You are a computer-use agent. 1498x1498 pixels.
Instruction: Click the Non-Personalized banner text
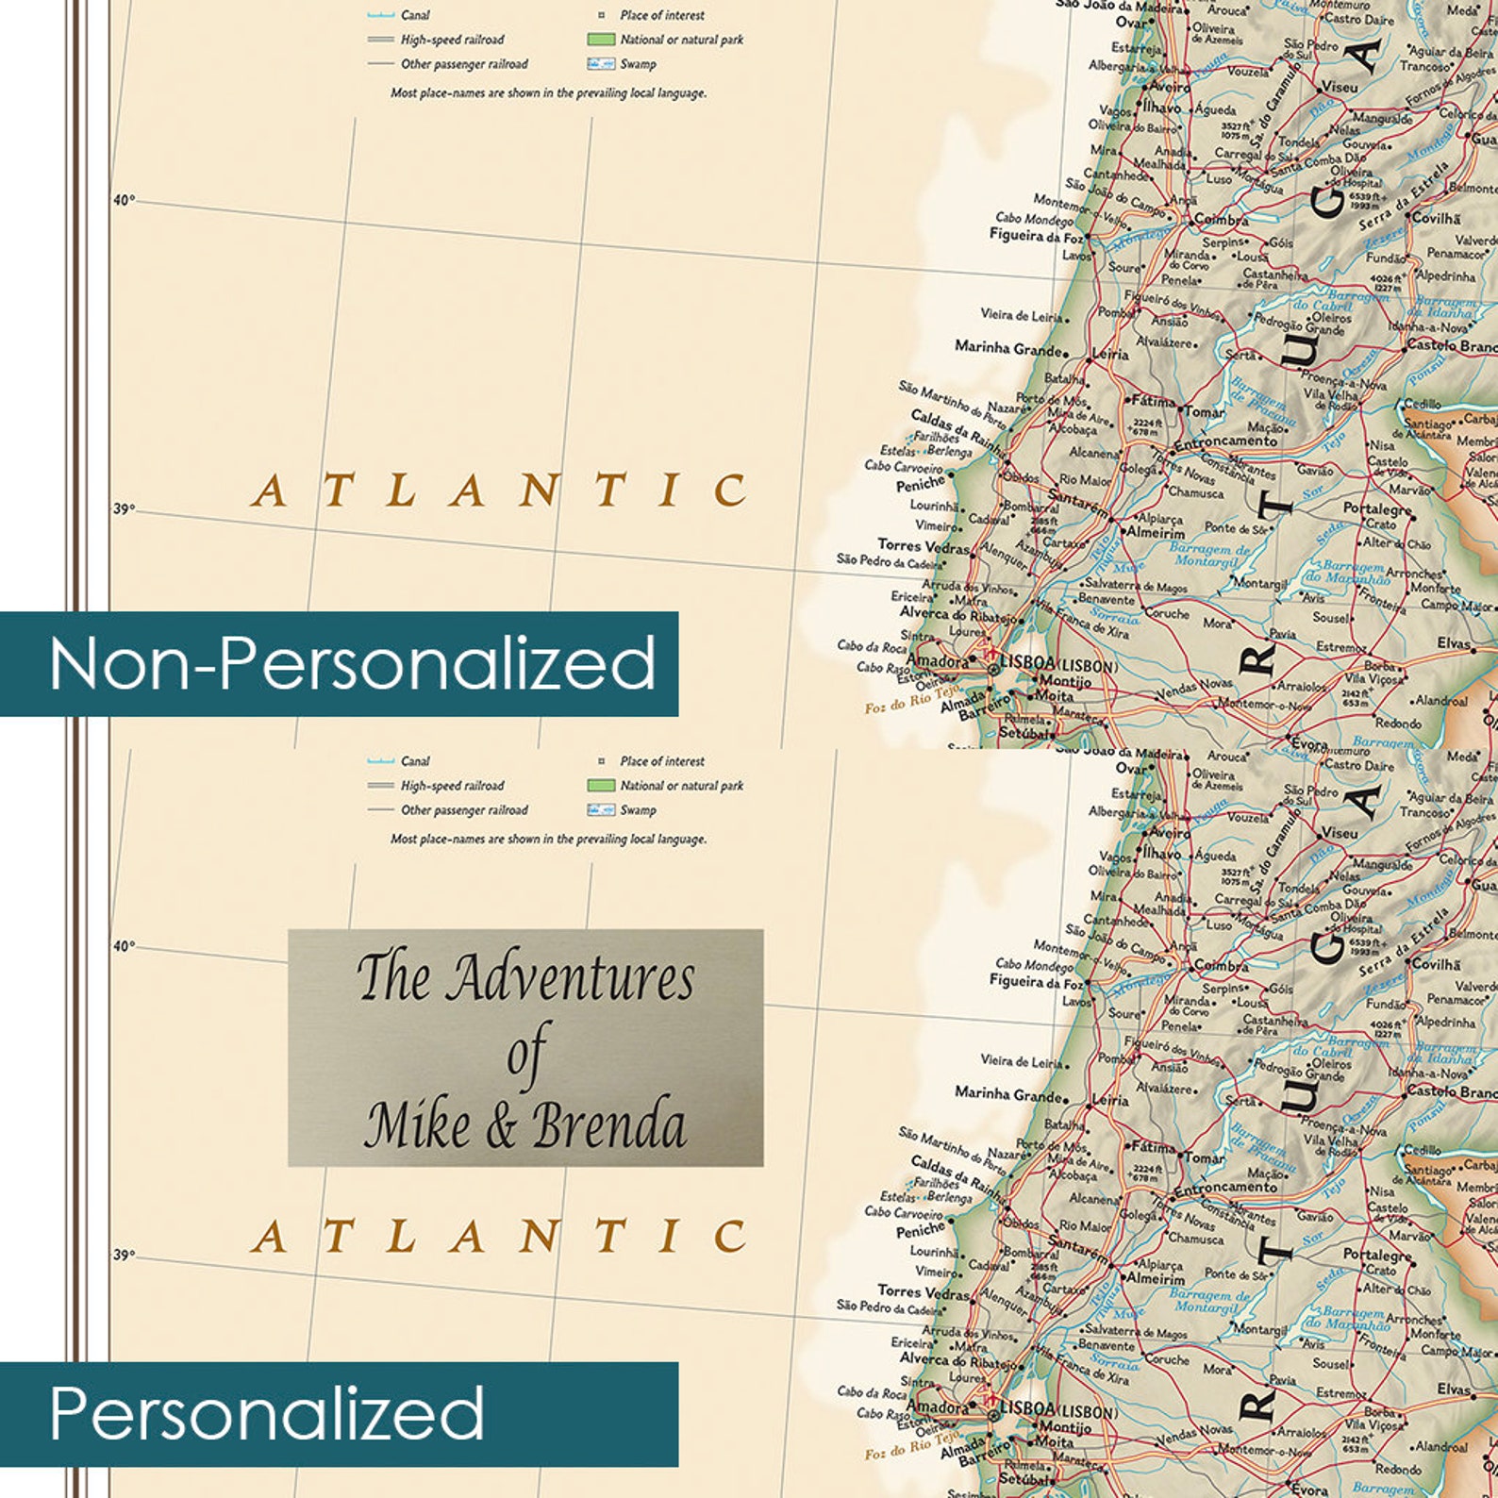(x=351, y=663)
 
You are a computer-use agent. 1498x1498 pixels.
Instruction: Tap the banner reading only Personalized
(x=267, y=1412)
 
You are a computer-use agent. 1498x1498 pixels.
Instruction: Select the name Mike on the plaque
(x=416, y=1126)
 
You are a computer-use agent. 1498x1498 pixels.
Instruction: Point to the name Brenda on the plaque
(x=609, y=1126)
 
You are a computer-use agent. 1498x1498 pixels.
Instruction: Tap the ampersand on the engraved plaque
(x=501, y=1128)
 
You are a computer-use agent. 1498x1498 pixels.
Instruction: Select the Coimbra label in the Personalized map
(x=1222, y=965)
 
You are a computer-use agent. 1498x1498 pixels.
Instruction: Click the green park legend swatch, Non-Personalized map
(x=601, y=40)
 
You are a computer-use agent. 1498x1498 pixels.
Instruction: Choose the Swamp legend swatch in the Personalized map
(x=601, y=809)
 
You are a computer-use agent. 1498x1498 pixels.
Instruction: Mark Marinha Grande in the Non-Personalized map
(x=1008, y=347)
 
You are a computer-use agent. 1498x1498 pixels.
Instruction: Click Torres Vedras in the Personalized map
(x=923, y=1290)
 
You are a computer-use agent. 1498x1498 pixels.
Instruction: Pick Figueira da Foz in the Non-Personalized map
(x=1035, y=235)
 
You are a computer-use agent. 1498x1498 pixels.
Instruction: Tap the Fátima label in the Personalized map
(x=1153, y=1148)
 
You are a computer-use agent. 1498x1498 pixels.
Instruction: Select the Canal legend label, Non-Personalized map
(x=415, y=15)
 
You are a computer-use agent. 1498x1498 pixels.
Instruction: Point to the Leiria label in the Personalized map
(x=1110, y=1100)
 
